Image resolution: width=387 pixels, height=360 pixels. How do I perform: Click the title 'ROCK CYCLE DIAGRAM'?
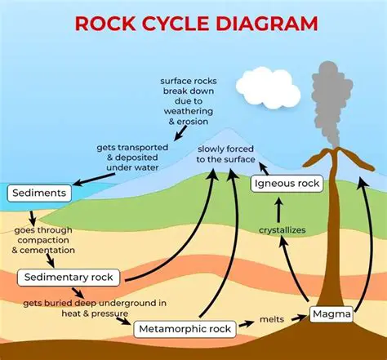pos(196,22)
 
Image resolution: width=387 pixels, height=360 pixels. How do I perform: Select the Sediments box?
pos(40,194)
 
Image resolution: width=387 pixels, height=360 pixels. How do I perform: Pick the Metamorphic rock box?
pos(185,329)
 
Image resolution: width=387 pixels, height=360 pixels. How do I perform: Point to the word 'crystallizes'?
pos(282,230)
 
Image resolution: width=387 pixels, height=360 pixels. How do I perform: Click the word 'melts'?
pos(271,318)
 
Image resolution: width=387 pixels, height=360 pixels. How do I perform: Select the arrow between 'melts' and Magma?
pos(299,317)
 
